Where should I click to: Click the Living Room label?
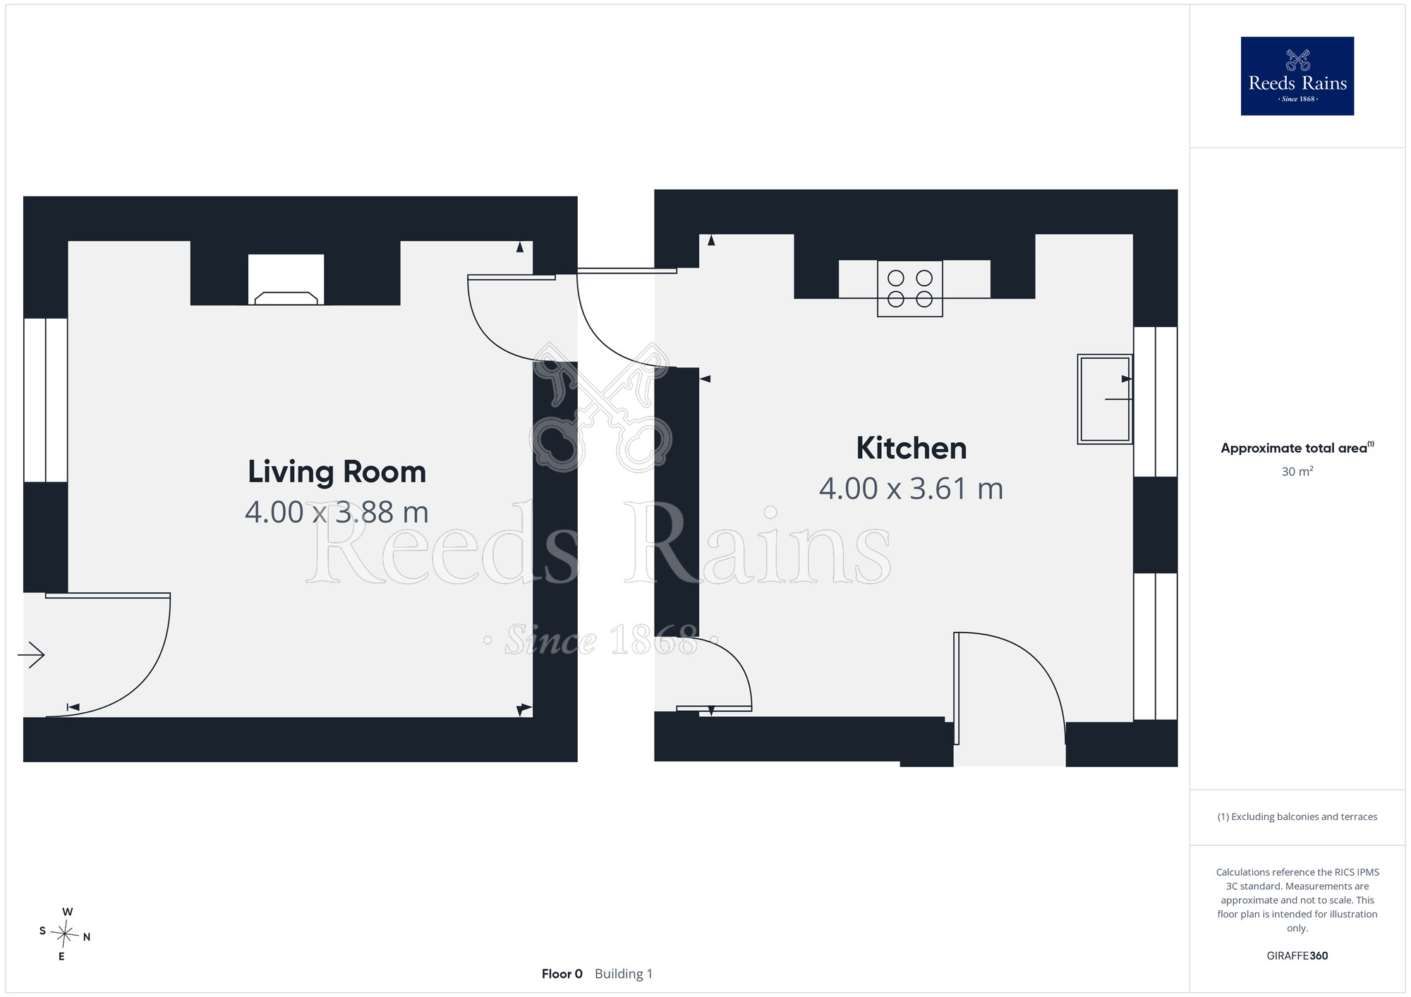click(337, 472)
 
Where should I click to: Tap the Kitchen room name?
click(911, 448)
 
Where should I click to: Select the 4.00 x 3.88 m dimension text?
click(337, 513)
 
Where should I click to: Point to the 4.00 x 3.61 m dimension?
click(911, 489)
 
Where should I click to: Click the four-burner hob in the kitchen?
click(910, 288)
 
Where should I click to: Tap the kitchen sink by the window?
click(1105, 399)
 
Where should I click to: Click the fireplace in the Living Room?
click(286, 280)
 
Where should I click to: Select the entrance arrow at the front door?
click(31, 655)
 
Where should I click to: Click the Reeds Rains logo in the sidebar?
click(1297, 76)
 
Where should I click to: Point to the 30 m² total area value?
click(1297, 471)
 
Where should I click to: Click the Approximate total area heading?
click(1297, 448)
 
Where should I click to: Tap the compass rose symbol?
click(65, 934)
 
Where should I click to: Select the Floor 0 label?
click(562, 974)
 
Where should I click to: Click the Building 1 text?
click(624, 974)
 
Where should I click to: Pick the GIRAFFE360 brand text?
click(1297, 956)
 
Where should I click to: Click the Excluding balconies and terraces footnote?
click(1297, 816)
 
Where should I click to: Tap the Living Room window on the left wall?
click(46, 400)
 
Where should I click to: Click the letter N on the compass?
click(87, 937)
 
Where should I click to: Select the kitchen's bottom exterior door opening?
click(1009, 744)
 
